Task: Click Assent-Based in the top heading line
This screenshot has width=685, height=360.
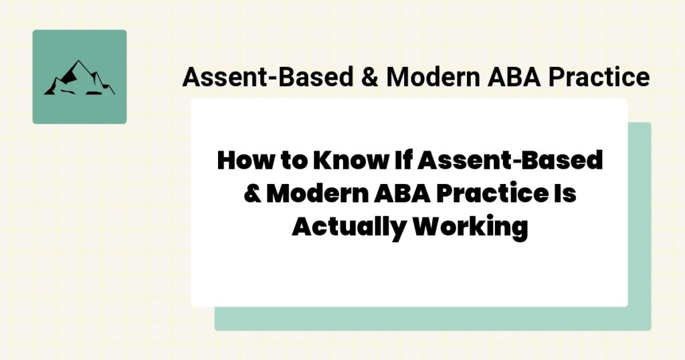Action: click(266, 78)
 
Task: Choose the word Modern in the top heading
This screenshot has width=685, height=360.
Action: click(431, 78)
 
